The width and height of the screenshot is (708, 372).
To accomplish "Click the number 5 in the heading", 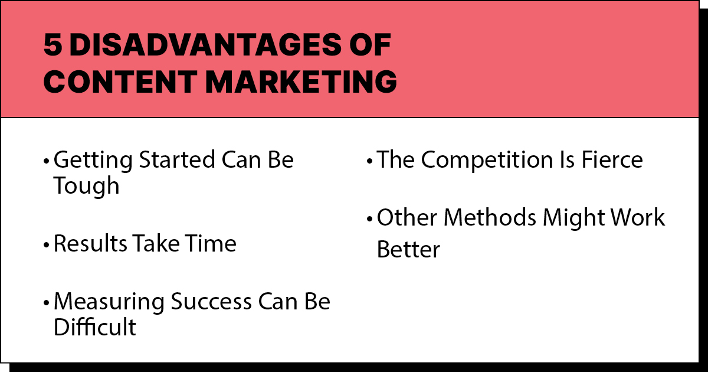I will [52, 46].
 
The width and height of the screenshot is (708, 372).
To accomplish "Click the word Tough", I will [86, 187].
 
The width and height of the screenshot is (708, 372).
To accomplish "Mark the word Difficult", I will [94, 327].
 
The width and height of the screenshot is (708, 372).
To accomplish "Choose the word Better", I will [408, 249].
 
